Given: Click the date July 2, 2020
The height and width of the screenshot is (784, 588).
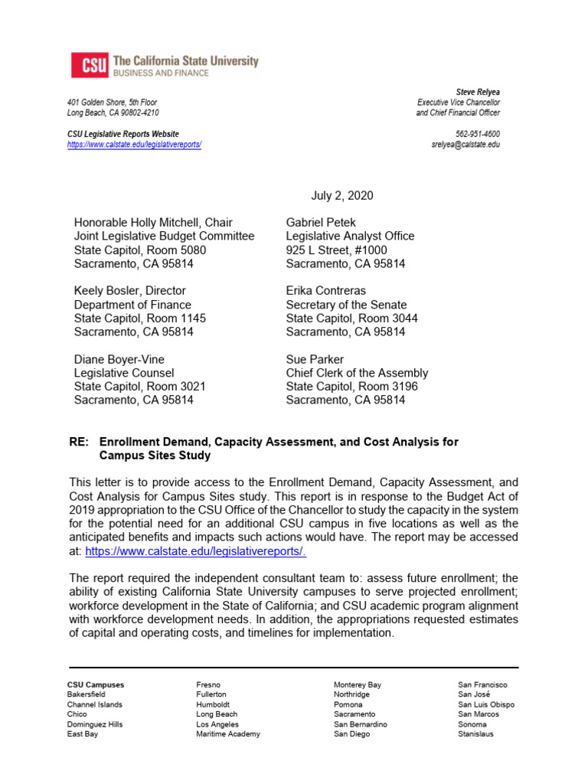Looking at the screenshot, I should point(342,196).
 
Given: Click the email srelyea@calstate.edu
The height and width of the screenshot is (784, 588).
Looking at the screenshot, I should point(465,145).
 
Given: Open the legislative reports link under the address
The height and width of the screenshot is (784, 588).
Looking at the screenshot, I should point(134,145).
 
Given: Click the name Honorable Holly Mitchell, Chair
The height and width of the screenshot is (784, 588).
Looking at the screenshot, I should point(153,223).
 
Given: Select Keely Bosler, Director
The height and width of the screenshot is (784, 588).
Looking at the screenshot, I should point(129,291).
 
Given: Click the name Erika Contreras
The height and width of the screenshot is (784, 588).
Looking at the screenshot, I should point(326,291).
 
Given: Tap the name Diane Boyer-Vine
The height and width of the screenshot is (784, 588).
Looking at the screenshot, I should point(119,359).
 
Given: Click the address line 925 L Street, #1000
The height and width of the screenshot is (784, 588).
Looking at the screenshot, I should point(336,250).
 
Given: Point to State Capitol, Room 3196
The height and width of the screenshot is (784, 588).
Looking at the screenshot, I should point(352,387).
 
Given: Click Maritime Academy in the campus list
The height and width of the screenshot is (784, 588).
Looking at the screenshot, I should point(227,734).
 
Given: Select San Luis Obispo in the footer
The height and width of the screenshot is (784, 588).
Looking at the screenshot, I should point(486,704).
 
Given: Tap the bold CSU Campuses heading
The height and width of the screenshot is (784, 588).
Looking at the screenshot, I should point(96,684).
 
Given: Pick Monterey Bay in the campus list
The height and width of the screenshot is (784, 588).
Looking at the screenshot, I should point(357,684).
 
